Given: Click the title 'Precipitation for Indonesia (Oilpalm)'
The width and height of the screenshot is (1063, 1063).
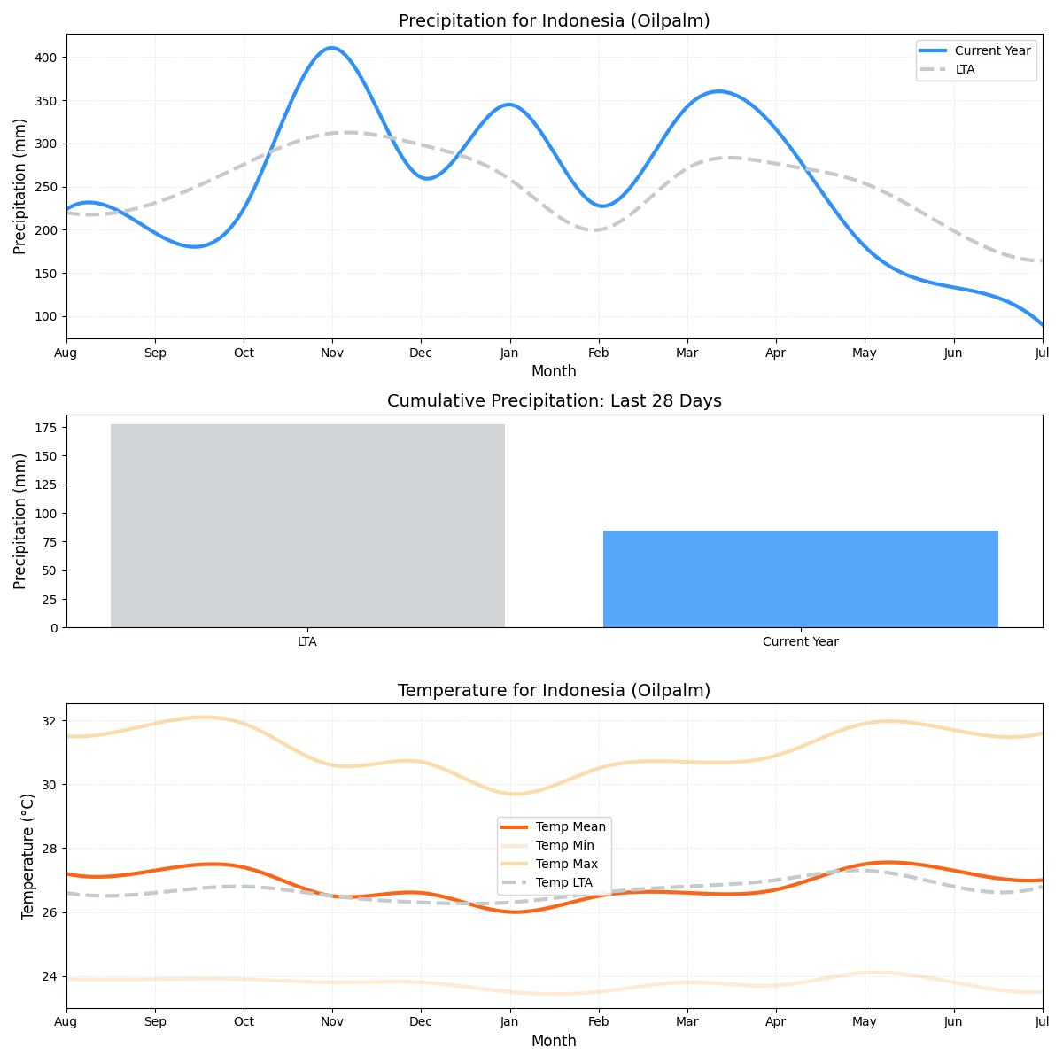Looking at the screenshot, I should tap(554, 20).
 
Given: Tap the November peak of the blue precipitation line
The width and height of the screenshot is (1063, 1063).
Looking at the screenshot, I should tap(332, 48).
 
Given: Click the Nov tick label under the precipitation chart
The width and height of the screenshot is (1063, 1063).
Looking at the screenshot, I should tap(332, 353).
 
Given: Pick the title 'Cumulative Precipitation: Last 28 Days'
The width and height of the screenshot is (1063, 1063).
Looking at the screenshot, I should tap(554, 401).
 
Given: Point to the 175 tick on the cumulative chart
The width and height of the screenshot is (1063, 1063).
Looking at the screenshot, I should tap(46, 428).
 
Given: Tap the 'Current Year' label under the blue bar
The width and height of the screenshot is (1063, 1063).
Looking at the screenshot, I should tap(800, 641).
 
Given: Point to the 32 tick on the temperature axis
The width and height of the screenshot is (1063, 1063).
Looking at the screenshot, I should tap(49, 720).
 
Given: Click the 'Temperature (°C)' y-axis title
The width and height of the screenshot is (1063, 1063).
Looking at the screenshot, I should tap(27, 856).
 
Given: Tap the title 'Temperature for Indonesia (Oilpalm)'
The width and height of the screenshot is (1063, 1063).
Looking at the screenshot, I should tap(554, 690).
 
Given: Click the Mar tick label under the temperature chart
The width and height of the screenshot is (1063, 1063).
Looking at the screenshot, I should tap(687, 1022).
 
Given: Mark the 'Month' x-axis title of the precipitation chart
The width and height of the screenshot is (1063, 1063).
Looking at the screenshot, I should tap(554, 371).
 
